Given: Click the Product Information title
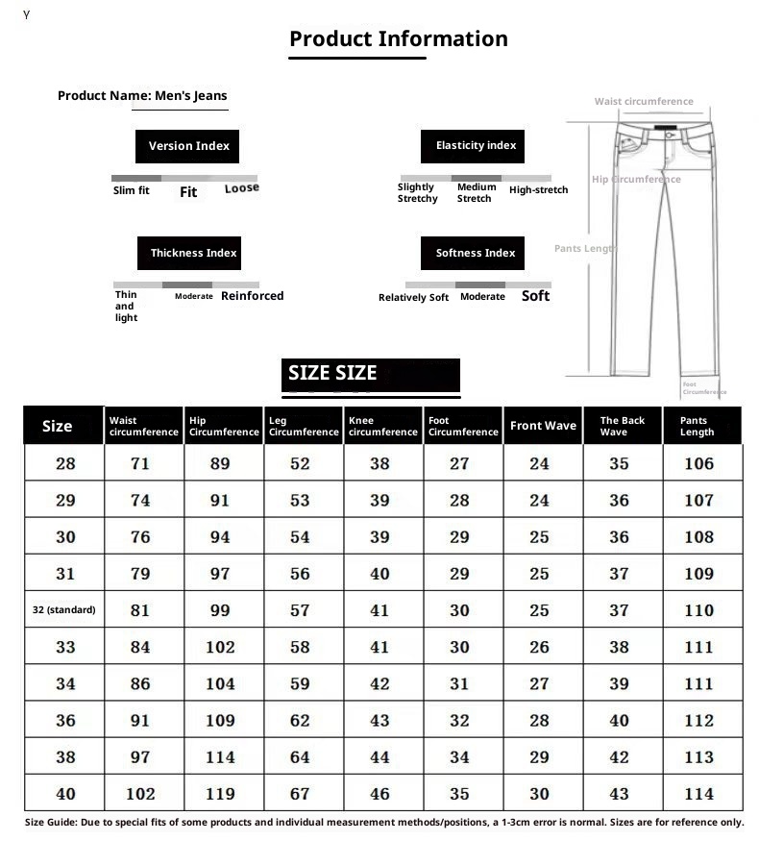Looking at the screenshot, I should point(398,39).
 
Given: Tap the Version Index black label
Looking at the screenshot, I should point(188,146).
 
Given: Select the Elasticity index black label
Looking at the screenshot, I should point(475,146).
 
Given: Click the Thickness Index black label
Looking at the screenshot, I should point(192,253).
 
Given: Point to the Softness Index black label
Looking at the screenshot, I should point(475,253).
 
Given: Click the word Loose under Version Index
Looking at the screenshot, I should point(241,188).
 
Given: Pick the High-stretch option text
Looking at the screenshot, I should point(538,190).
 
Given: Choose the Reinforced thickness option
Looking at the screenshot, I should point(252,296).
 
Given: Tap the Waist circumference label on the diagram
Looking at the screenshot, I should point(643,102).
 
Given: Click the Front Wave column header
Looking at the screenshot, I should point(543,426).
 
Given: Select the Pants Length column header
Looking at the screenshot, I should point(697,426).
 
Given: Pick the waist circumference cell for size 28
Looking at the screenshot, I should point(140,463).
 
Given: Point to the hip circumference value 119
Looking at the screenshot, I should point(220,794).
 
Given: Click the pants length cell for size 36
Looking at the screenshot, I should point(698,720).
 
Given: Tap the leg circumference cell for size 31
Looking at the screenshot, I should point(300,574).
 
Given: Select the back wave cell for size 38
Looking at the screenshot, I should point(619,757).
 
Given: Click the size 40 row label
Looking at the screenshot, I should point(65,794).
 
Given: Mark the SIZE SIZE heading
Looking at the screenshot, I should point(332,374).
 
